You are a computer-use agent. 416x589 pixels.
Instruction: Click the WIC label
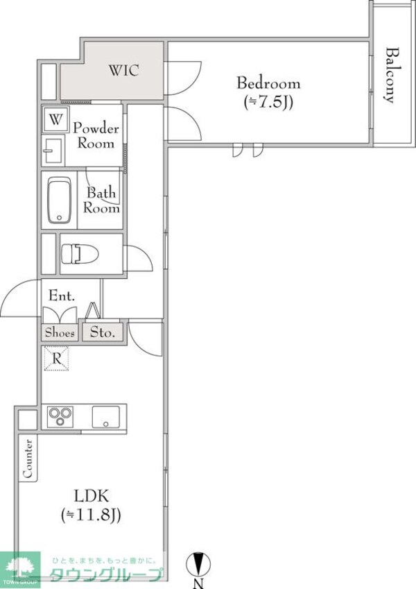tap(124, 71)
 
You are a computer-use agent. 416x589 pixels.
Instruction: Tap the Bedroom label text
tap(268, 83)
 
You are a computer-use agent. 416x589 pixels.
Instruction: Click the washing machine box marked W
tap(55, 119)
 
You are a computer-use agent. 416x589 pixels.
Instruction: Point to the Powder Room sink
tap(53, 151)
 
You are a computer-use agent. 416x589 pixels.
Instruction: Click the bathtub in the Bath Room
tap(60, 200)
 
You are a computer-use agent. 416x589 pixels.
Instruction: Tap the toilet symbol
tap(80, 254)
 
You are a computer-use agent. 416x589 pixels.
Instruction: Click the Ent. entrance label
tap(62, 296)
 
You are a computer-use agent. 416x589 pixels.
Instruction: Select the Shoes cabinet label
tap(60, 333)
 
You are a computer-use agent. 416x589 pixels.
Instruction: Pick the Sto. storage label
tap(102, 332)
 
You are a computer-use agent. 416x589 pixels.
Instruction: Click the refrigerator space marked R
tap(56, 359)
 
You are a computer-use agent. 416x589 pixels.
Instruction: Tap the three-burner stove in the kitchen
tap(60, 416)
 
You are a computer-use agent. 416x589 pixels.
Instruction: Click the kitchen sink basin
tap(106, 417)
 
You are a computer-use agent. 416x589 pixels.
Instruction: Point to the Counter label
tap(28, 459)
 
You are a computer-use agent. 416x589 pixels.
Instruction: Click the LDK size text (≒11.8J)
tap(91, 515)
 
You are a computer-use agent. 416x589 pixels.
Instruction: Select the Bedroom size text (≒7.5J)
tap(268, 102)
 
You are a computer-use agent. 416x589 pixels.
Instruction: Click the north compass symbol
tap(198, 564)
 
